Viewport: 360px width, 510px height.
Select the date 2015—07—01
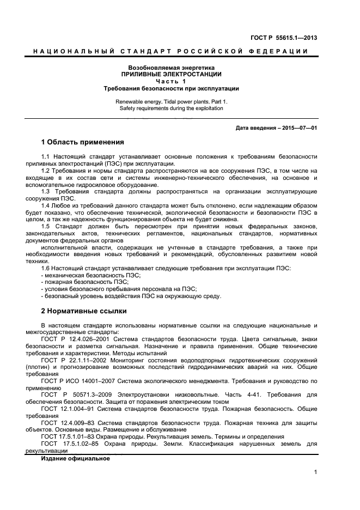click(299, 128)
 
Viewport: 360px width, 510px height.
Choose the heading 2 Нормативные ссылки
click(84, 311)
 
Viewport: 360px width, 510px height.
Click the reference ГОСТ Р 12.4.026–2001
click(78, 339)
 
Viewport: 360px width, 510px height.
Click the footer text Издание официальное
click(75, 458)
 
